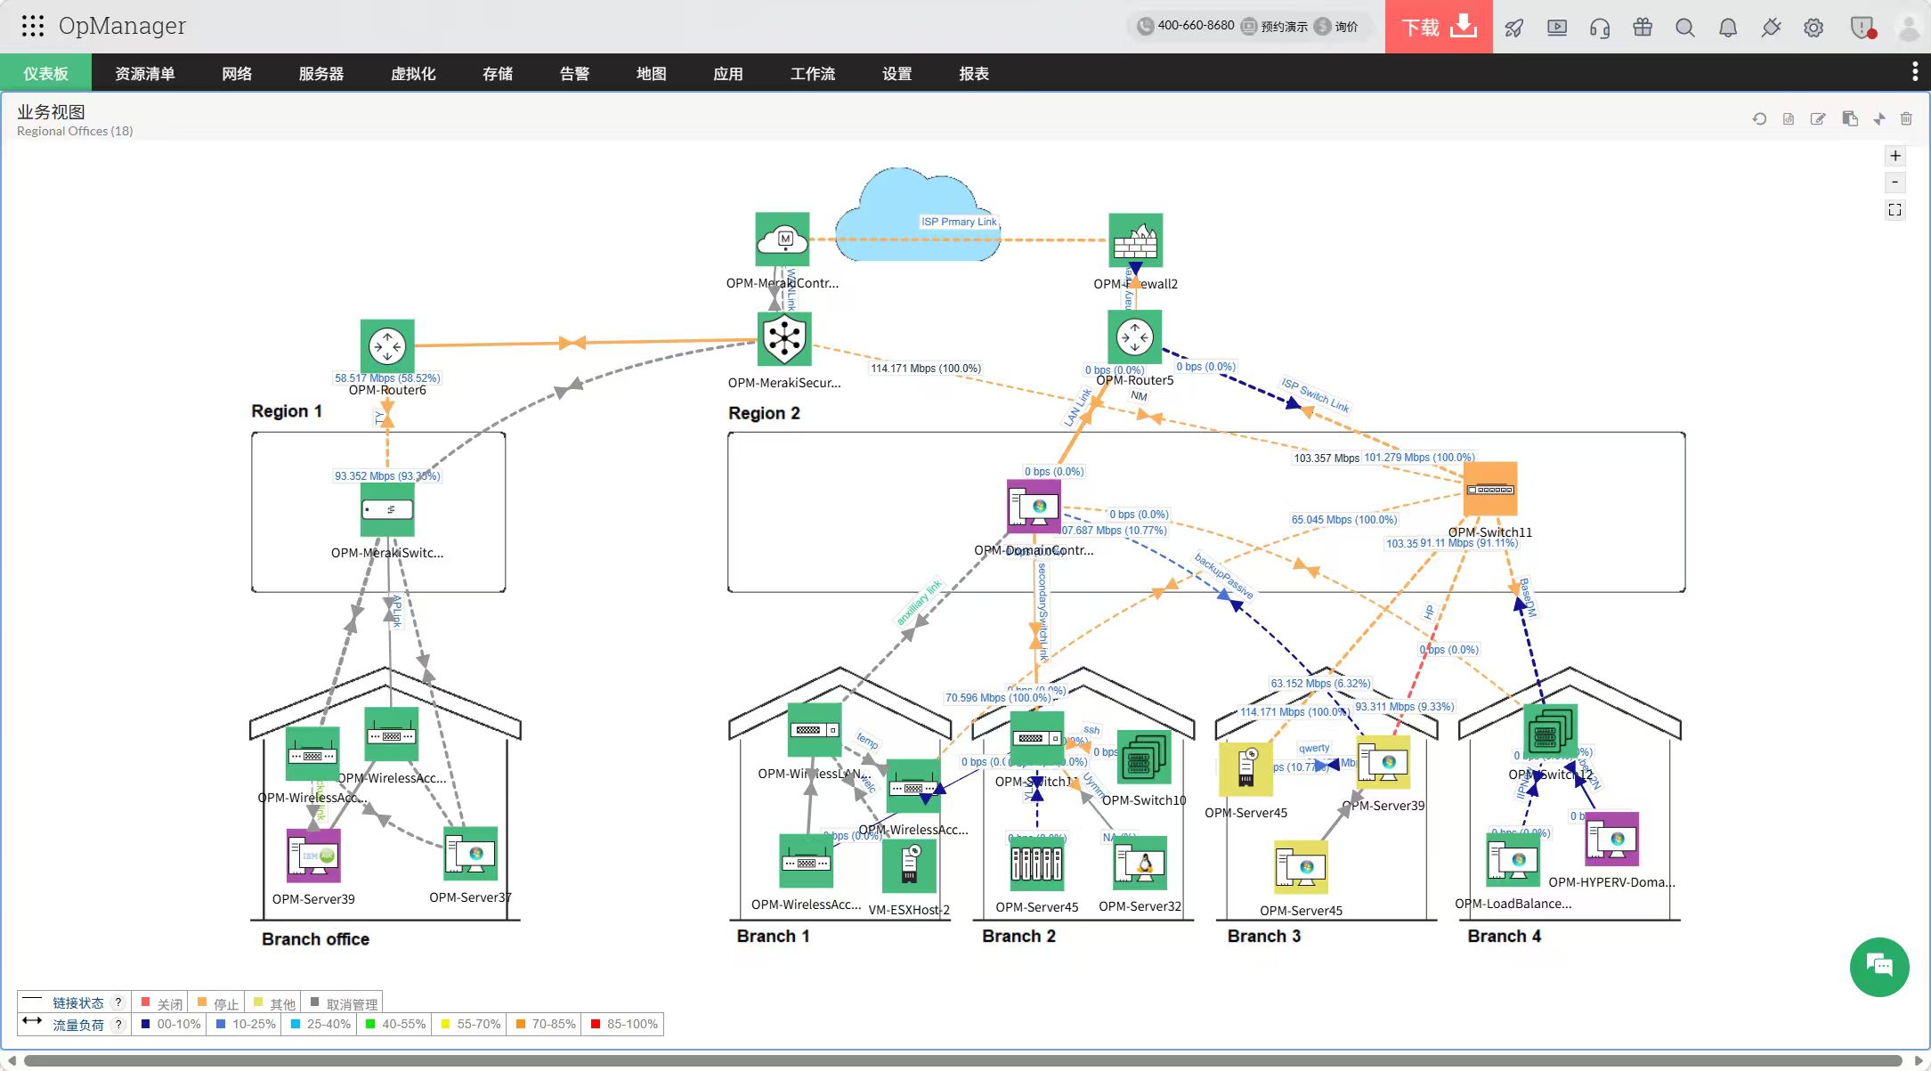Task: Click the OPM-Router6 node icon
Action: tap(387, 345)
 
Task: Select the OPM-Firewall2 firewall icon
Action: tap(1135, 239)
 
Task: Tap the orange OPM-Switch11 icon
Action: tap(1490, 489)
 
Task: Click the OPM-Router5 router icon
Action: tap(1135, 337)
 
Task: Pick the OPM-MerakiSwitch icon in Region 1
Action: tap(387, 509)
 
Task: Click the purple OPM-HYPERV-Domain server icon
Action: tap(1611, 839)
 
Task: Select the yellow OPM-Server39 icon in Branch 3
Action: tap(1383, 762)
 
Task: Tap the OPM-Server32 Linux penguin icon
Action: tap(1140, 863)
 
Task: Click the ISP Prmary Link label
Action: tap(959, 222)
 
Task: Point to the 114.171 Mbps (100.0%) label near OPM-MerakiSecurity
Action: tap(926, 369)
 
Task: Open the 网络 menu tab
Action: tap(237, 74)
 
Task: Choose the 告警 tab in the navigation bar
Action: tap(574, 74)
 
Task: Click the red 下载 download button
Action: tap(1438, 27)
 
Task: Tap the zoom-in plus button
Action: tap(1895, 156)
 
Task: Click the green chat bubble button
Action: tap(1879, 967)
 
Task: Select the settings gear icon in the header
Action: tap(1813, 28)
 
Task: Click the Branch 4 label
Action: tap(1504, 936)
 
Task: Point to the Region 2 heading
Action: tap(764, 413)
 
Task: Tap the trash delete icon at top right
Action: tap(1906, 118)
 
